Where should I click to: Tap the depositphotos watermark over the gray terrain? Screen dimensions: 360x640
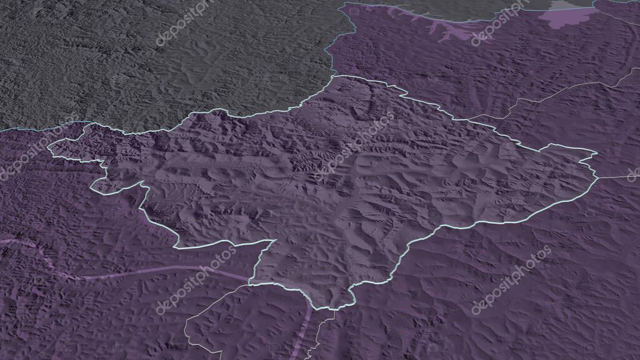pyautogui.click(x=184, y=24)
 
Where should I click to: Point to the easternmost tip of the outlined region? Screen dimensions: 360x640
pyautogui.click(x=596, y=153)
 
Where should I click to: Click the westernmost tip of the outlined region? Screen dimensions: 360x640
pyautogui.click(x=49, y=149)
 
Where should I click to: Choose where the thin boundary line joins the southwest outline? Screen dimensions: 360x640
pyautogui.click(x=250, y=284)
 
